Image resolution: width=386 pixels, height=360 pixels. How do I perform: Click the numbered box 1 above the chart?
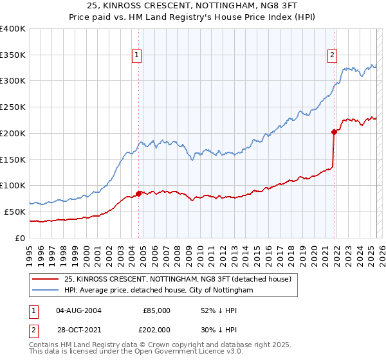(x=138, y=56)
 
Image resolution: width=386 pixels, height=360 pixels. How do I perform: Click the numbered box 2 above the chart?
(x=332, y=56)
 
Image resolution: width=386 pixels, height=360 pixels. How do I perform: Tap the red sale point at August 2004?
(x=138, y=193)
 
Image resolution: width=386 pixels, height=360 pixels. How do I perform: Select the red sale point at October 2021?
(x=335, y=132)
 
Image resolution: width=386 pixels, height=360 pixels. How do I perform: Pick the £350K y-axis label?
(x=13, y=55)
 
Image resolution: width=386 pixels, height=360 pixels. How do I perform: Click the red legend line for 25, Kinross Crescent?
(x=46, y=279)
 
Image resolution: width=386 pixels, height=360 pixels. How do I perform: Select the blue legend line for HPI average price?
(x=46, y=291)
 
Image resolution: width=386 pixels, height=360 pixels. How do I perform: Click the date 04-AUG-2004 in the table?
(x=78, y=310)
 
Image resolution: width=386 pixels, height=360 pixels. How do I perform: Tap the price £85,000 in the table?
(x=156, y=310)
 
